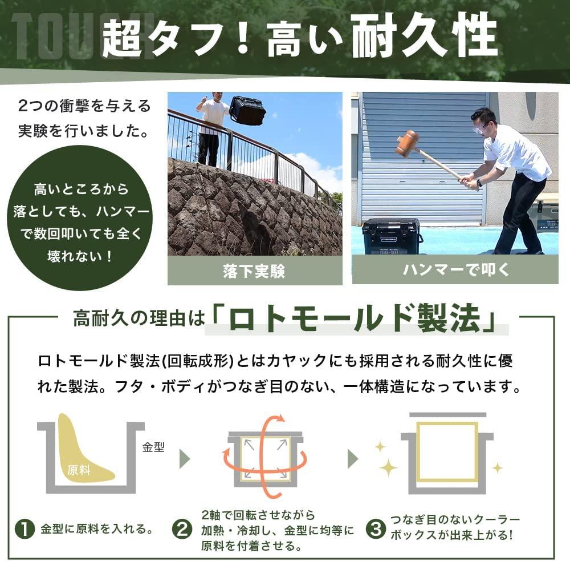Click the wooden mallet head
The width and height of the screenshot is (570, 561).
[407, 143]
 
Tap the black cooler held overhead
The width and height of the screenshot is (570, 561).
[247, 110]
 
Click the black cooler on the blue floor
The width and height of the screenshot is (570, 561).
[393, 235]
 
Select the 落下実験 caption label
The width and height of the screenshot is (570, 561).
[254, 271]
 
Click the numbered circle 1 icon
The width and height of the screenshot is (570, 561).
[24, 529]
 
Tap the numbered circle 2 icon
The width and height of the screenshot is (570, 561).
[182, 529]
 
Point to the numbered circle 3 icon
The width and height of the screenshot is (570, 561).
[374, 529]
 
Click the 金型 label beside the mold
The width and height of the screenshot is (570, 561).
[153, 447]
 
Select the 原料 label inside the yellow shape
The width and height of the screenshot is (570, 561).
[79, 470]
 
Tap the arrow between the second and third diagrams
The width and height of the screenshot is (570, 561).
[353, 458]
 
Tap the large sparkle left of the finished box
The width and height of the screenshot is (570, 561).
[388, 467]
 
